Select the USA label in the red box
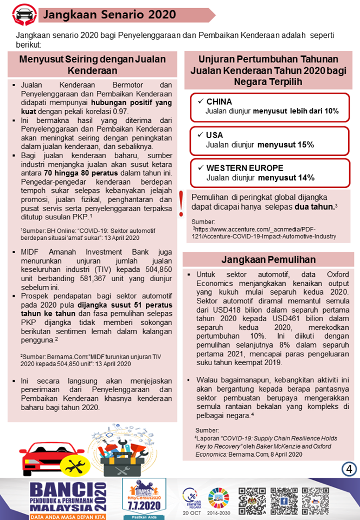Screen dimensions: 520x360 click(215, 135)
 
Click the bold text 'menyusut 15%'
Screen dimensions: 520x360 click(286, 145)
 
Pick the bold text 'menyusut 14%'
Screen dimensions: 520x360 click(286, 178)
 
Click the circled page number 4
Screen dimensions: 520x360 click(348, 468)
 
